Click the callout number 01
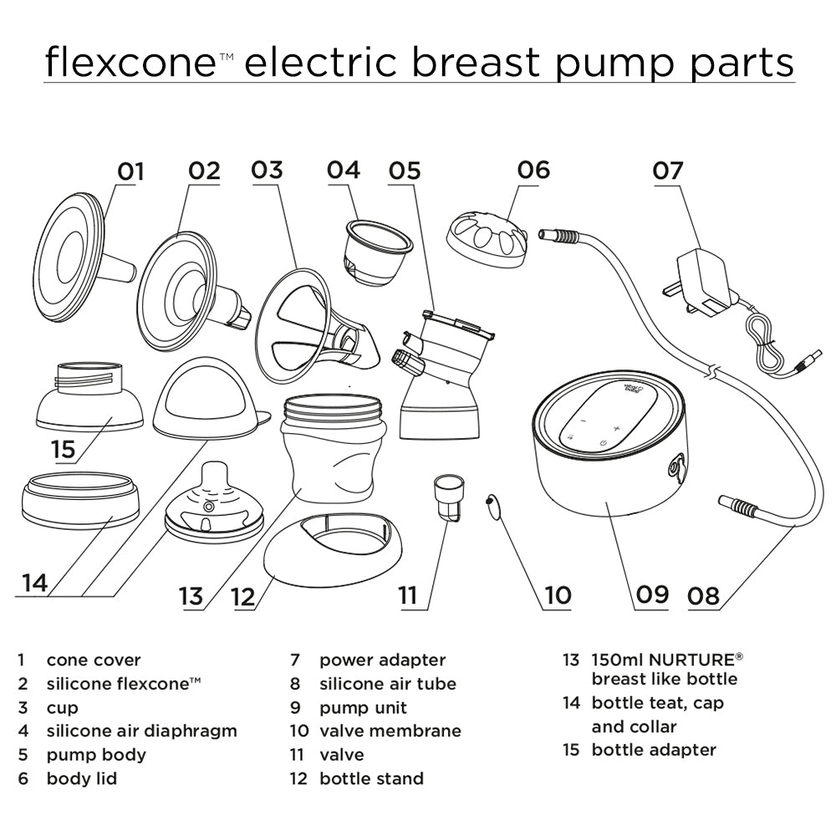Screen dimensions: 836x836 coord(130,172)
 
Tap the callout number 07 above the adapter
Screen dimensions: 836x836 coord(668,171)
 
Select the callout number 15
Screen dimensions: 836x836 coord(64,448)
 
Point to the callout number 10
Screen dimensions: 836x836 coord(557,594)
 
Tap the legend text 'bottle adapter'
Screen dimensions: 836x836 coord(654,749)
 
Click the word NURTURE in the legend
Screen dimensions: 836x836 coord(673,660)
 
